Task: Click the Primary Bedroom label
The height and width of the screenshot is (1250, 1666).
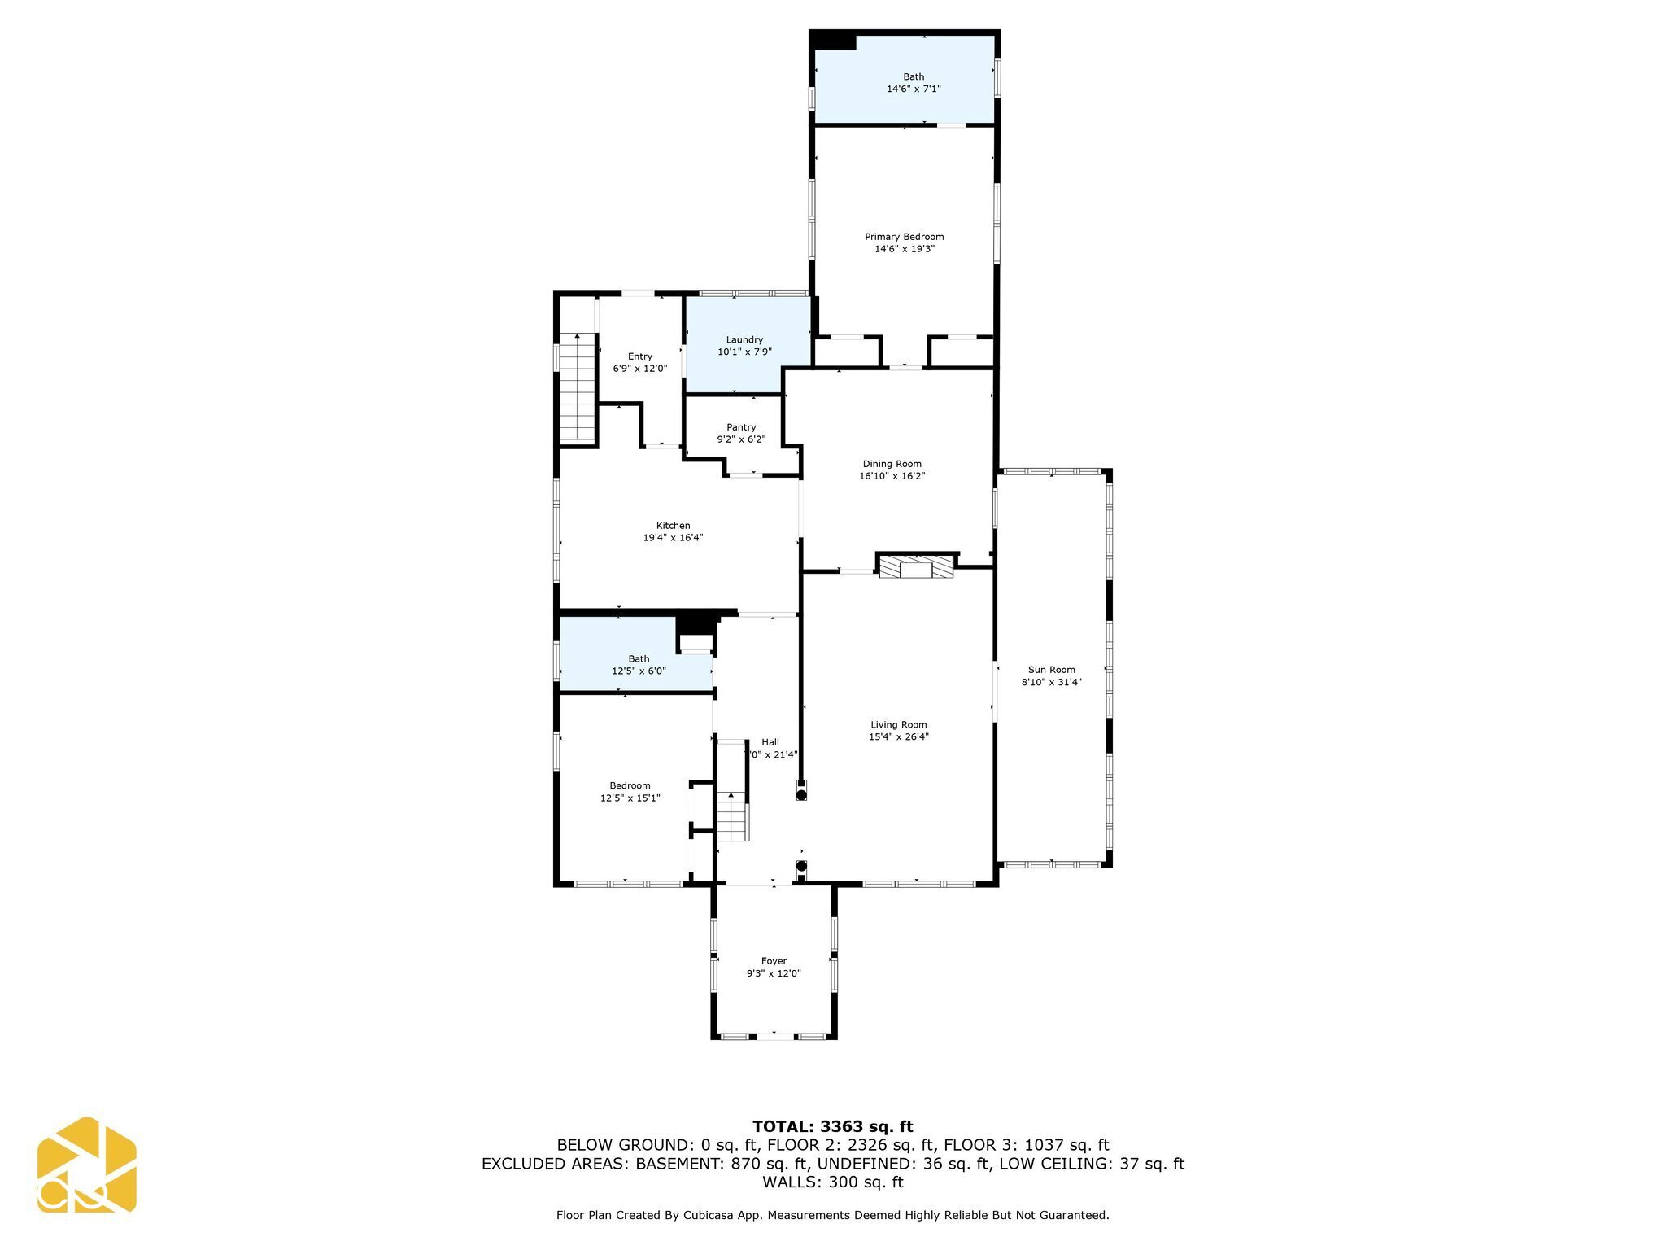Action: (904, 237)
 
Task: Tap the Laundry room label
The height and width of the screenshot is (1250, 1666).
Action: (744, 339)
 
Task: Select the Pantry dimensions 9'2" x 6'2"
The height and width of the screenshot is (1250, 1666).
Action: (741, 439)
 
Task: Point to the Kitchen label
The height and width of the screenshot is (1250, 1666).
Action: (673, 526)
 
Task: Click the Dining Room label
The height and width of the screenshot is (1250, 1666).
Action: (892, 464)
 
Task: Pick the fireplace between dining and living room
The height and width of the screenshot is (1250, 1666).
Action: (916, 566)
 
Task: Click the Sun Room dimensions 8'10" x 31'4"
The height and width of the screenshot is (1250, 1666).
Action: (1051, 683)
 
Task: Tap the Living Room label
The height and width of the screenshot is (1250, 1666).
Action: (898, 724)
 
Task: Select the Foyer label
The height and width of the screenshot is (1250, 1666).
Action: (774, 961)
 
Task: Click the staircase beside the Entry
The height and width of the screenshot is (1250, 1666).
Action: (578, 389)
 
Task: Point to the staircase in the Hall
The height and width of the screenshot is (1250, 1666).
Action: (731, 816)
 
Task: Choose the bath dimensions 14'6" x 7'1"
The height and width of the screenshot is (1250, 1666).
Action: (914, 89)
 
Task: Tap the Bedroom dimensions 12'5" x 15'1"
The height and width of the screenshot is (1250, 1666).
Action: (630, 798)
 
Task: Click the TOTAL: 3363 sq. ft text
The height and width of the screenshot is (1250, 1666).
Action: (832, 1127)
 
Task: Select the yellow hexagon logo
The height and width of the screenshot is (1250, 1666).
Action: (86, 1165)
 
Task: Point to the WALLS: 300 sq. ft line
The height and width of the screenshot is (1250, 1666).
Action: (832, 1182)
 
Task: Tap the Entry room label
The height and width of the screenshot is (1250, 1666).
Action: (639, 356)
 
